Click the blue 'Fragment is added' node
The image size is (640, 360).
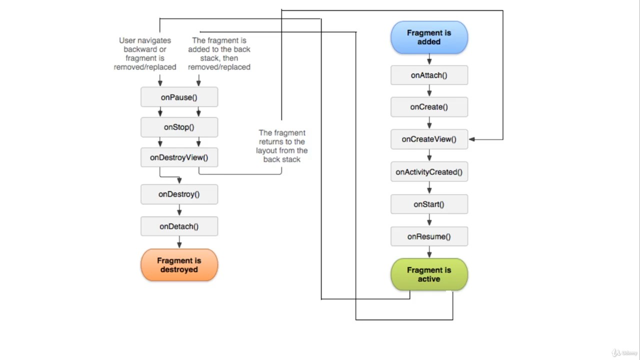click(429, 37)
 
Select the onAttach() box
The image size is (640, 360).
click(429, 75)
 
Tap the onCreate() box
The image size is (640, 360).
click(429, 107)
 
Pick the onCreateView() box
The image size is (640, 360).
click(429, 139)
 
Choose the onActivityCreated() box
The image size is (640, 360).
click(429, 171)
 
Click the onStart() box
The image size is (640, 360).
click(429, 204)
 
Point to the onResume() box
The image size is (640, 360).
click(429, 236)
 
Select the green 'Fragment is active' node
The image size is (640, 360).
click(429, 274)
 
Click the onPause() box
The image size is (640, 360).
click(179, 97)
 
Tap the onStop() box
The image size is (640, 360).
click(179, 127)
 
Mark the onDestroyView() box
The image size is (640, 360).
click(179, 157)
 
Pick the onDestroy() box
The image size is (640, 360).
click(179, 194)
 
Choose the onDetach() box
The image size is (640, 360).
click(179, 226)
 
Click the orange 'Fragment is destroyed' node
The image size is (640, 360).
click(179, 265)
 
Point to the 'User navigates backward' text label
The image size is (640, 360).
click(145, 53)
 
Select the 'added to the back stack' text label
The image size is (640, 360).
click(219, 53)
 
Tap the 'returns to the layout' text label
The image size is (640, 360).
click(281, 146)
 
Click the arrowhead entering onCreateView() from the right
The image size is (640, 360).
click(472, 139)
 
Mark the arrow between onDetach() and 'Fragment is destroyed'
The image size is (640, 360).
click(179, 242)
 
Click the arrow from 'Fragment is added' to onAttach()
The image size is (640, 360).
click(429, 59)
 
